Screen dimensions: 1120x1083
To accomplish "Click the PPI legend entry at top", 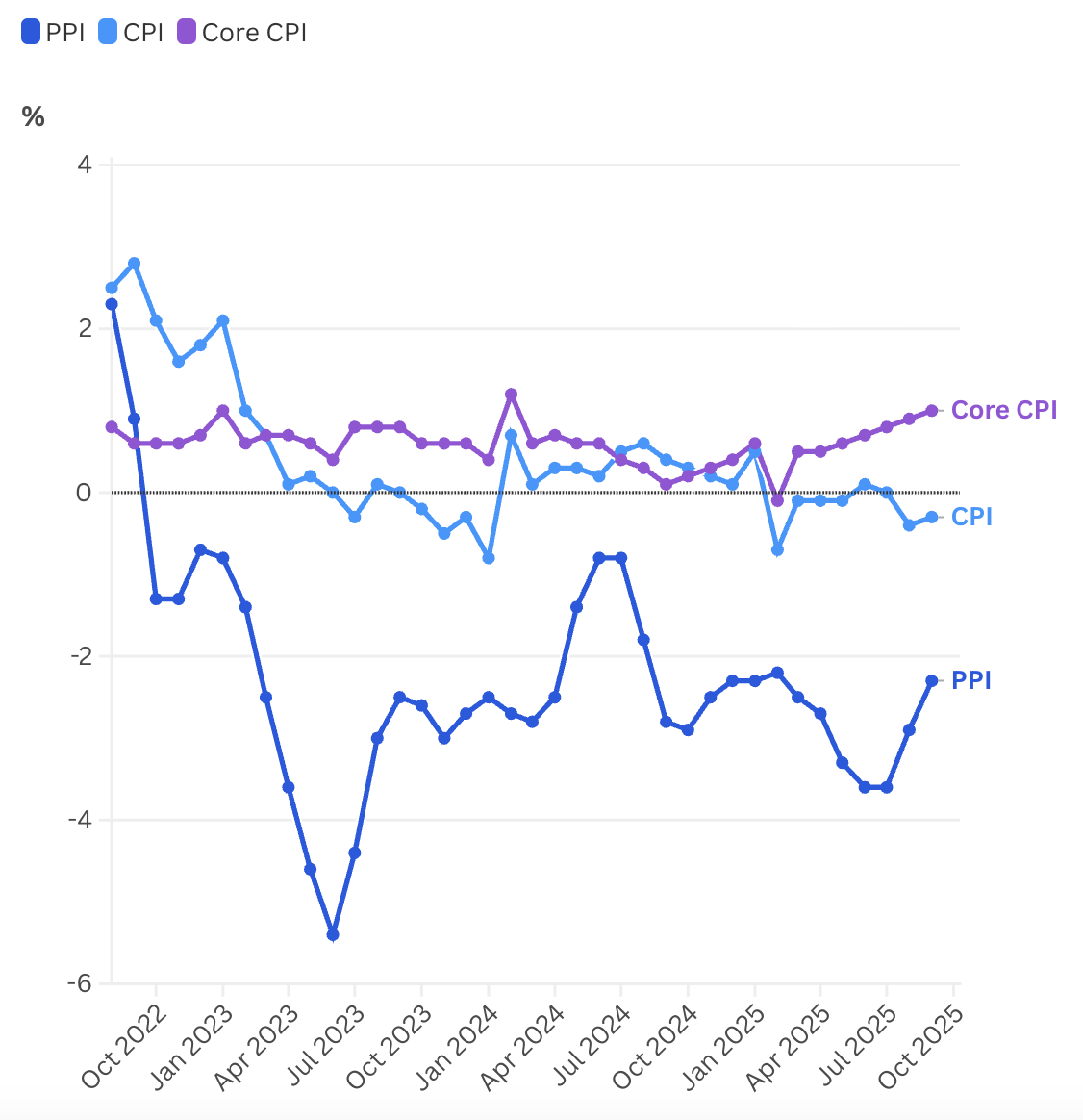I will pyautogui.click(x=54, y=33).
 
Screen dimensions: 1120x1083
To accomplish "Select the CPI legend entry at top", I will pyautogui.click(x=132, y=33).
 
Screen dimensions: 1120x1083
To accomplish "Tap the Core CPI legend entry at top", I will pyautogui.click(x=242, y=33).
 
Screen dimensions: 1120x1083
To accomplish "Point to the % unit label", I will pyautogui.click(x=34, y=117).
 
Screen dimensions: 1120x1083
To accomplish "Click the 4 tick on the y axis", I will pyautogui.click(x=85, y=165).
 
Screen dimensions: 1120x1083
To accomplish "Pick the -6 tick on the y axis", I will pyautogui.click(x=80, y=983).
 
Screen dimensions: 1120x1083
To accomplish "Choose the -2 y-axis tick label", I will pyautogui.click(x=80, y=656).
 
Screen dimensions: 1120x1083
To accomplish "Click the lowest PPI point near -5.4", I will pyautogui.click(x=333, y=934).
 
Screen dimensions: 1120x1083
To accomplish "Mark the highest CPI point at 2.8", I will pyautogui.click(x=134, y=263).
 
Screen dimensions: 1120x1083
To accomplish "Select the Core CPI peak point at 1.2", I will pyautogui.click(x=511, y=395).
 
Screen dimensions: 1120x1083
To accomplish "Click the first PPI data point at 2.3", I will pyautogui.click(x=112, y=304).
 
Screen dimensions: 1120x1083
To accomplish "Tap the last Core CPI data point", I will pyautogui.click(x=932, y=411).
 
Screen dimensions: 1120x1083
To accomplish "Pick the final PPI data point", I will pyautogui.click(x=932, y=680).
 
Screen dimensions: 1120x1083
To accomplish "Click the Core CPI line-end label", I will pyautogui.click(x=1004, y=410).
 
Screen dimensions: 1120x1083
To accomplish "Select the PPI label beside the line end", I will pyautogui.click(x=971, y=680).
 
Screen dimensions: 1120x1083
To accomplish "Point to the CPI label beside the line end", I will pyautogui.click(x=971, y=517).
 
